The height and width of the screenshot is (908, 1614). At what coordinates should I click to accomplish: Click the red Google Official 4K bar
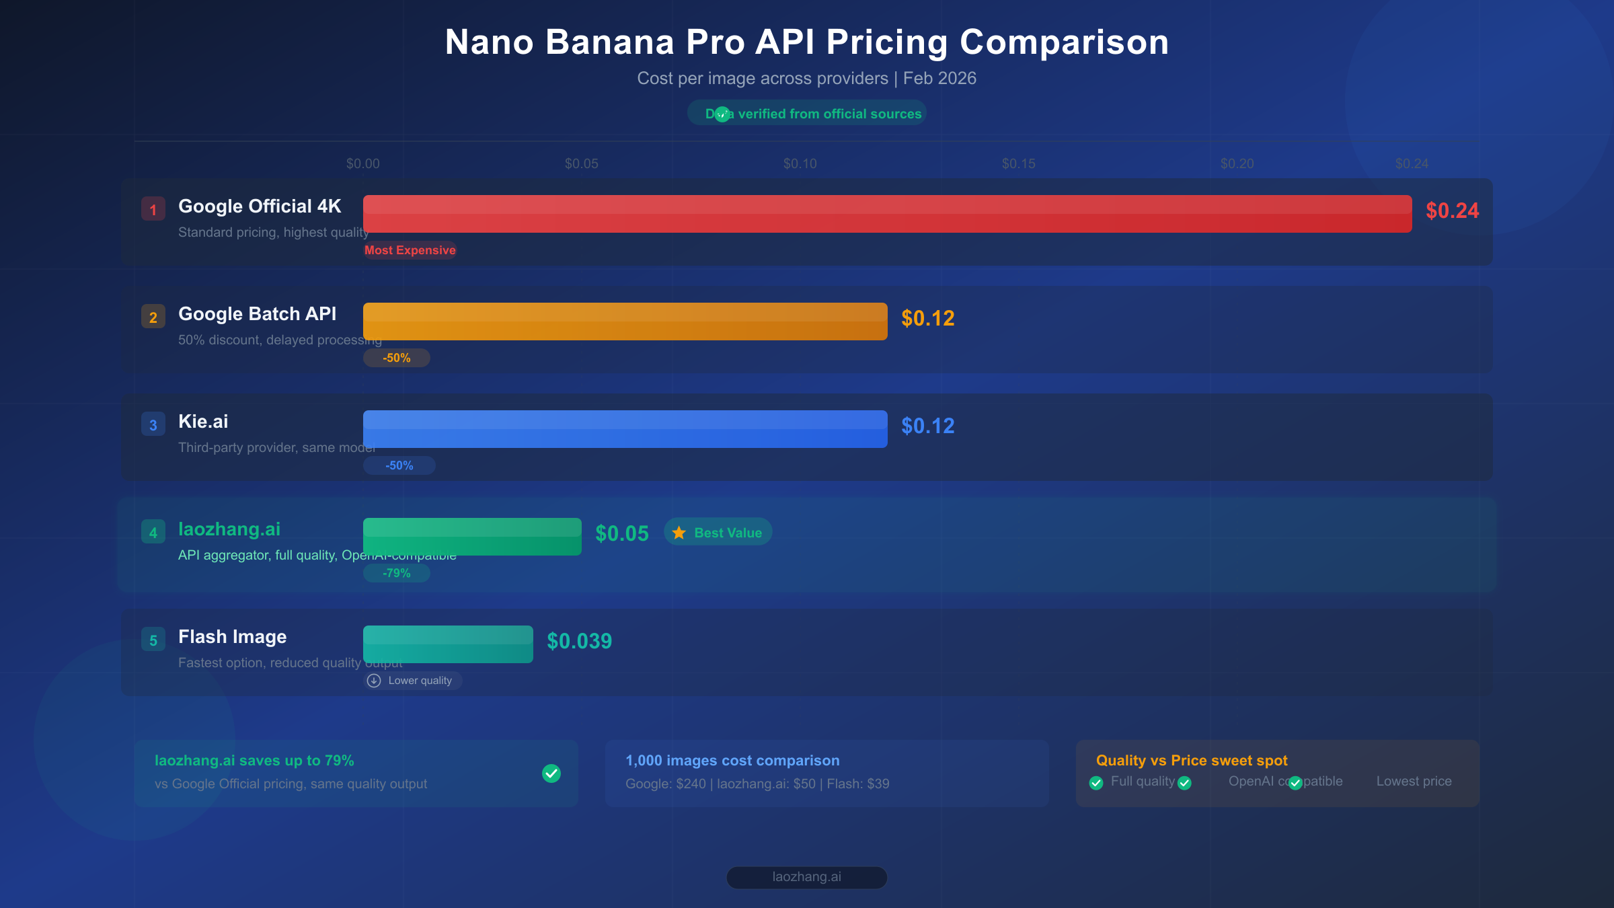tap(887, 214)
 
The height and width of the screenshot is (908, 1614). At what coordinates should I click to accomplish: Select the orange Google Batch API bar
tap(625, 321)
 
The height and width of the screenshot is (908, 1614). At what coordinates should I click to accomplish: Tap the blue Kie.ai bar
tap(625, 429)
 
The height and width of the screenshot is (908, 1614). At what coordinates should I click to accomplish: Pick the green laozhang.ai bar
tap(472, 537)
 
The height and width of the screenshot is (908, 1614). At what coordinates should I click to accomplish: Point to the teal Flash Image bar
tap(448, 644)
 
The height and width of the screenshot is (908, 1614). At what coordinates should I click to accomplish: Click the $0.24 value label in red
tap(1452, 211)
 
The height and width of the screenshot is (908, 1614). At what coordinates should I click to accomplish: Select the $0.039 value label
tap(579, 641)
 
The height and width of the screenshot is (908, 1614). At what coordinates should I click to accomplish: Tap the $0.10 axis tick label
tap(800, 163)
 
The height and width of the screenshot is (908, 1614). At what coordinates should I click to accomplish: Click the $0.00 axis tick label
tap(362, 163)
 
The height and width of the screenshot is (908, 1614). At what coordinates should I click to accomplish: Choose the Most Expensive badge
tap(410, 250)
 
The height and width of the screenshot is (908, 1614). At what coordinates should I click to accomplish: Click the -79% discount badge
tap(396, 573)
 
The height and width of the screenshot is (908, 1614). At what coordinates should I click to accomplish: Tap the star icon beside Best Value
tap(679, 533)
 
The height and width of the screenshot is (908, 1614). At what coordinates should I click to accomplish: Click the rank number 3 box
tap(153, 424)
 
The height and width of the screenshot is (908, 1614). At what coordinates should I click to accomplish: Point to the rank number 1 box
tap(153, 209)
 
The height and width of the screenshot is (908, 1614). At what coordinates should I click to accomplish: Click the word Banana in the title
tap(610, 42)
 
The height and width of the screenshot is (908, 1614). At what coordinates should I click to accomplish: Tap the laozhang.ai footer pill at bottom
tap(806, 877)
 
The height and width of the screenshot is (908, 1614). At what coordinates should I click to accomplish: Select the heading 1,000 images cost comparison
tap(732, 761)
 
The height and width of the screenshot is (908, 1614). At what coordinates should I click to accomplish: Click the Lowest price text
tap(1414, 782)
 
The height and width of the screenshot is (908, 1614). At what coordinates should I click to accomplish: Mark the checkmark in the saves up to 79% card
tap(551, 773)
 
